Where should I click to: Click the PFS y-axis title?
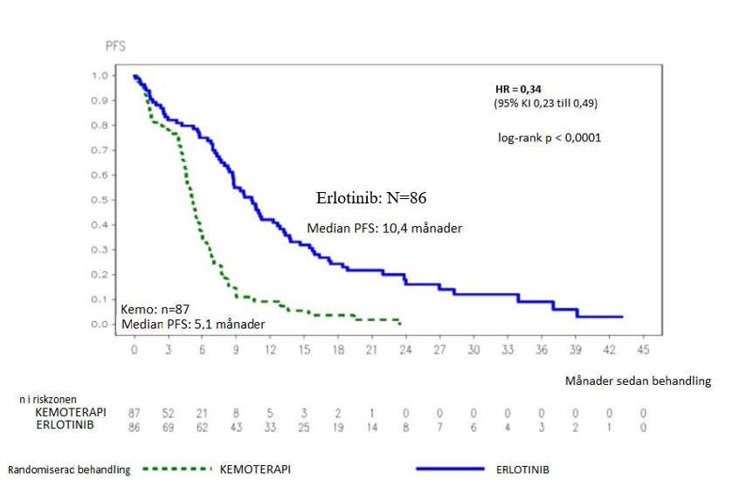pyautogui.click(x=115, y=46)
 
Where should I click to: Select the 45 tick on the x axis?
pyautogui.click(x=643, y=349)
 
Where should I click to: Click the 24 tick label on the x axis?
pyautogui.click(x=405, y=349)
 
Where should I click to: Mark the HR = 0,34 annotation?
pyautogui.click(x=519, y=88)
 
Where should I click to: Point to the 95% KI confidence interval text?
pyautogui.click(x=546, y=104)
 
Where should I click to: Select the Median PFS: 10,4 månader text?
pyautogui.click(x=384, y=229)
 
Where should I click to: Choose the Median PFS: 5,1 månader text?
pyautogui.click(x=193, y=325)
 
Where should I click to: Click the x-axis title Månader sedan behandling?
pyautogui.click(x=638, y=381)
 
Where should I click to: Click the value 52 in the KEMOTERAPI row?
pyautogui.click(x=169, y=413)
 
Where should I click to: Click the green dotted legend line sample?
pyautogui.click(x=176, y=469)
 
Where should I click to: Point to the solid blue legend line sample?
pyautogui.click(x=450, y=469)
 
